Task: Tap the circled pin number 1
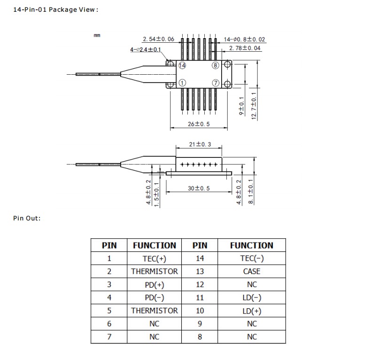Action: [x=182, y=83]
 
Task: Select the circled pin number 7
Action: [x=216, y=83]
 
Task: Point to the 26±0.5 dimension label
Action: [x=199, y=124]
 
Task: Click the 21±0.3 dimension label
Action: [x=199, y=144]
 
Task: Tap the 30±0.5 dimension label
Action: [x=199, y=188]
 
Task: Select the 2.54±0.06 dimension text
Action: [x=158, y=39]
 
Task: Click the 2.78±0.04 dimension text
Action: [x=245, y=48]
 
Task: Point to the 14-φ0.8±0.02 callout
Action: [x=244, y=39]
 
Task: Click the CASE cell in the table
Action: [x=252, y=271]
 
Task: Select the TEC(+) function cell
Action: [x=155, y=258]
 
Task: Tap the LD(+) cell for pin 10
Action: [x=252, y=311]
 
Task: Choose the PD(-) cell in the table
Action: [x=155, y=297]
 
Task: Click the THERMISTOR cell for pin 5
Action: [x=155, y=311]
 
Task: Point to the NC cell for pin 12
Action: [x=252, y=284]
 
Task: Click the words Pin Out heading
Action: [x=27, y=218]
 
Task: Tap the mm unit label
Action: [x=97, y=36]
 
